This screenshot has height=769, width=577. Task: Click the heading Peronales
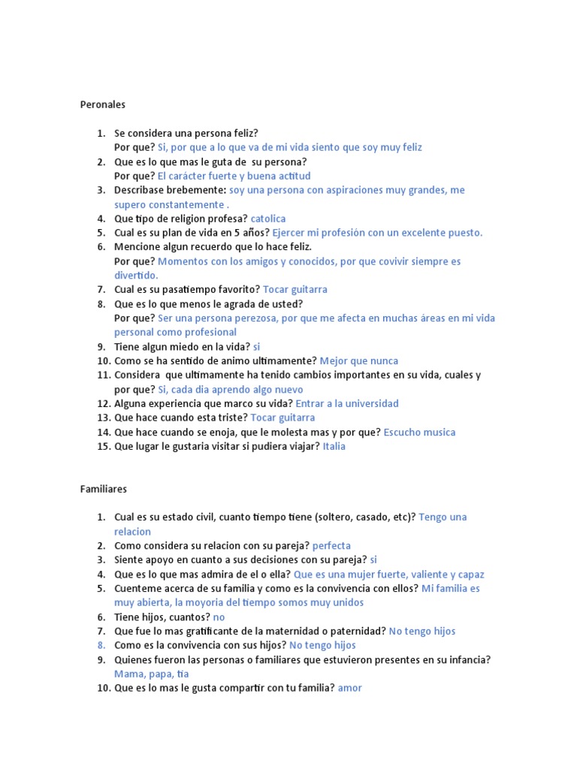(103, 104)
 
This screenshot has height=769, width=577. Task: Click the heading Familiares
(104, 489)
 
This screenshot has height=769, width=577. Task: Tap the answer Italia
(334, 446)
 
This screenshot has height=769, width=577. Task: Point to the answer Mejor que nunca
(359, 360)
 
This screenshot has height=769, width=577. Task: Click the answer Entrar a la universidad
(347, 403)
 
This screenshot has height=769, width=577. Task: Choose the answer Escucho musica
(419, 432)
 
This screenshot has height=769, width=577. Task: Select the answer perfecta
(331, 546)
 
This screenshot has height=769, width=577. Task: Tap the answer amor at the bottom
(349, 688)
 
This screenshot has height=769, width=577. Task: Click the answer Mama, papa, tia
(152, 674)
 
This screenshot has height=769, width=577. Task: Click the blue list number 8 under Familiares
(101, 645)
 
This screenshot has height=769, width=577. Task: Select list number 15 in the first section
(103, 446)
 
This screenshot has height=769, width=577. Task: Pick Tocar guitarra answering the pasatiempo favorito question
(295, 289)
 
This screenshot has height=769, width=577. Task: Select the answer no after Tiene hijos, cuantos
(219, 617)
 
